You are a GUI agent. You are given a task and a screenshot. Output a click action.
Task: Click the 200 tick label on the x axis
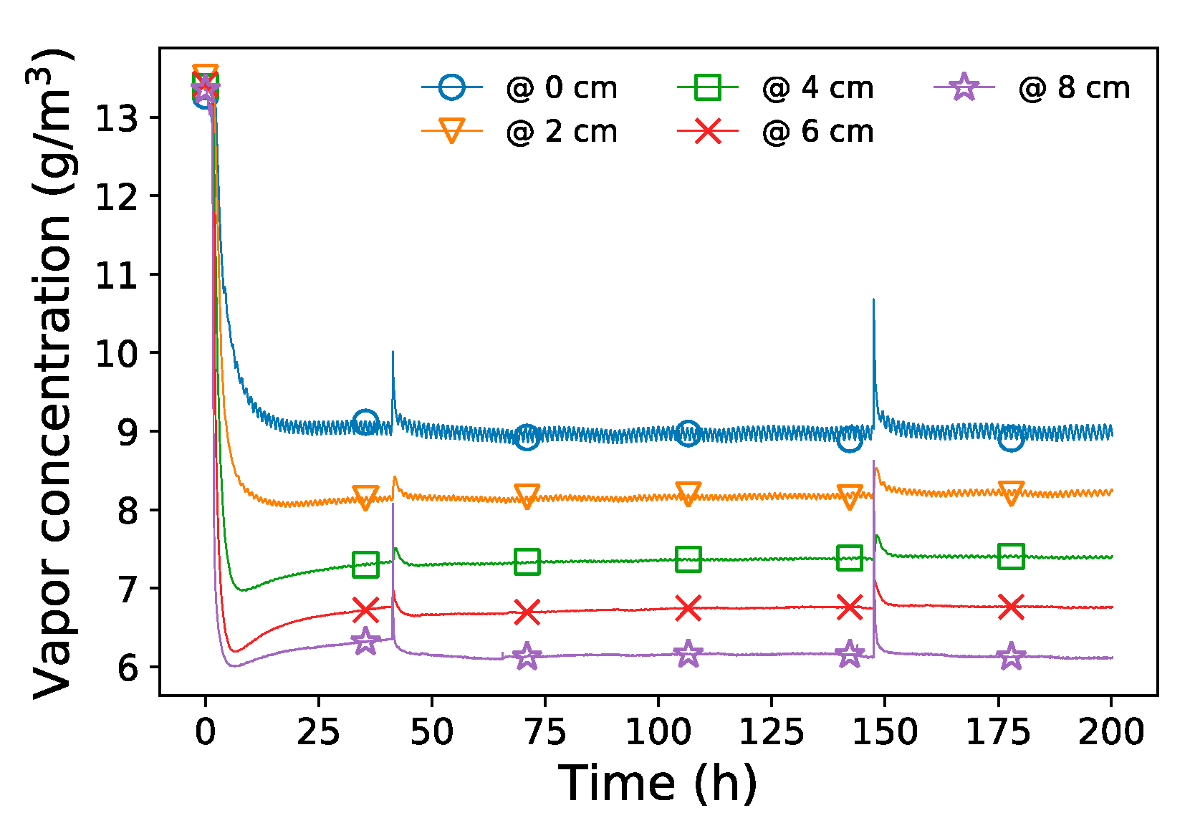1110,732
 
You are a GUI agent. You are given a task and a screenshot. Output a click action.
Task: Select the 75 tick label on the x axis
544,732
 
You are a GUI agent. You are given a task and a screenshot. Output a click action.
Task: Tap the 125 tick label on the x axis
771,732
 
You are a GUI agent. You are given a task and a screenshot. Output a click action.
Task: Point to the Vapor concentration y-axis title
54,372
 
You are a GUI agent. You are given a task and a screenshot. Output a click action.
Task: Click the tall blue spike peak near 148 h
873,300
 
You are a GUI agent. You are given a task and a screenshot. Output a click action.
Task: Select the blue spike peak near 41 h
393,352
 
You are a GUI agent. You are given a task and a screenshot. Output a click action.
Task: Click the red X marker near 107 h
688,608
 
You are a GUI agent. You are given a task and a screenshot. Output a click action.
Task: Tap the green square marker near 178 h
1011,556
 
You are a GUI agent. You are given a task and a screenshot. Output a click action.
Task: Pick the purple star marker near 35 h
365,641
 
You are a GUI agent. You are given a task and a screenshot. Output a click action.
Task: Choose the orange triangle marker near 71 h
527,495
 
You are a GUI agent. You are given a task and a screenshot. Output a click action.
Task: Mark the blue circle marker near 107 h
688,433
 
